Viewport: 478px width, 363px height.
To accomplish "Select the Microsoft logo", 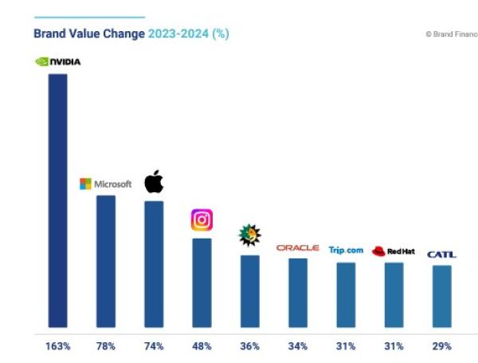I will point(105,184).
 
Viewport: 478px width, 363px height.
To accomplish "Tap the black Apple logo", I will point(154,182).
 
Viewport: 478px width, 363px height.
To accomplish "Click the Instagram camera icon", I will point(202,219).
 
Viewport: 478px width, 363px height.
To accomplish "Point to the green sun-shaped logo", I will point(249,235).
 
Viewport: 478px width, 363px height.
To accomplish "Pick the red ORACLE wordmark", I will point(297,248).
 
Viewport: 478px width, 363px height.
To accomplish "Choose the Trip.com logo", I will point(346,251).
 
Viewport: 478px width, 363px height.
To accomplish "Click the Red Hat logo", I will point(393,251).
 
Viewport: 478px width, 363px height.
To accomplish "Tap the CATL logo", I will point(441,254).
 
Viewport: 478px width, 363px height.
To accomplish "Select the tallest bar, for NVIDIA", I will point(57,199).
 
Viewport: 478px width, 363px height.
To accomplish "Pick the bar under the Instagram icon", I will point(202,282).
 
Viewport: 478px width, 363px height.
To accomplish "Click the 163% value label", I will point(58,346).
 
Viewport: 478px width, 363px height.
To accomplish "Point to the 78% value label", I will point(106,346).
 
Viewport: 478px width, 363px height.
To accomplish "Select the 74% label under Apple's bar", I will point(154,346).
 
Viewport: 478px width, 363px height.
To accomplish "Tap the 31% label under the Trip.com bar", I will point(346,346).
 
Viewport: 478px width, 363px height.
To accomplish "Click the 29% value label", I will point(441,346).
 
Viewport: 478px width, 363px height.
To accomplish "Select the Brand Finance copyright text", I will point(451,34).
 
